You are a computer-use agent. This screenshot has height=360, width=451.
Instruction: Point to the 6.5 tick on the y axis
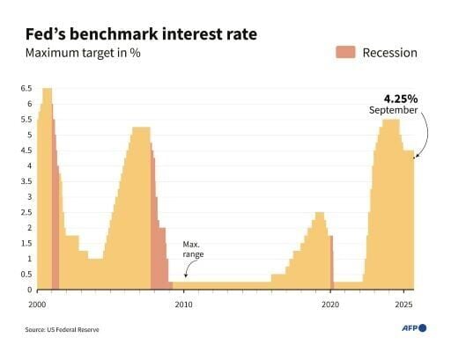pos(26,89)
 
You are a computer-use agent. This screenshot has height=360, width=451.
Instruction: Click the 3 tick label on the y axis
pos(29,197)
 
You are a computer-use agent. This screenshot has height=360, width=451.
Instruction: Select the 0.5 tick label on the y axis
pos(26,275)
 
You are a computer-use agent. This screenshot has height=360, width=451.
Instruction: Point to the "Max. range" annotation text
pos(193,248)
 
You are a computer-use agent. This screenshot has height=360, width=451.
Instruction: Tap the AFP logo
pos(410,327)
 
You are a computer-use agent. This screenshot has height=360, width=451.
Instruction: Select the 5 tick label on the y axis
pos(29,135)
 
